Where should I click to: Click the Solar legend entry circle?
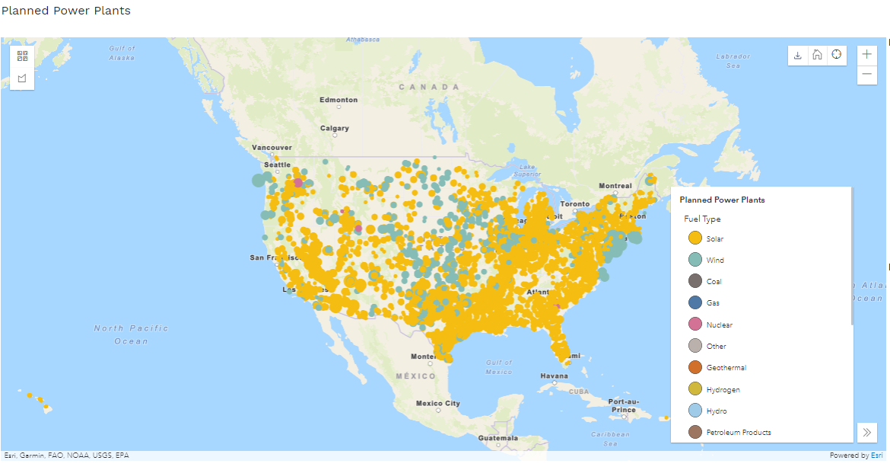coord(695,238)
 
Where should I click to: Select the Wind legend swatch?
coord(695,260)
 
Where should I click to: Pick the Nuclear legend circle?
coord(695,325)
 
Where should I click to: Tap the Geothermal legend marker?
coord(695,367)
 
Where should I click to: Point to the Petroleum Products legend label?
coord(738,433)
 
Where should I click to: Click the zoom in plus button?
coord(866,55)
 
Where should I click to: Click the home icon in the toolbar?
coord(816,55)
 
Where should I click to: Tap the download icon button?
coord(797,55)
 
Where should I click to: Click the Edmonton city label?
coord(339,100)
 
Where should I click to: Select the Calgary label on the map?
coord(335,128)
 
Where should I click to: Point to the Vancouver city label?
coord(272,147)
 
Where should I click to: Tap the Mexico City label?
coord(437,403)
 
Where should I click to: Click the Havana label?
coord(554,376)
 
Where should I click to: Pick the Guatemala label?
coord(498,438)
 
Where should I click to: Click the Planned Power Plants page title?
coord(66,11)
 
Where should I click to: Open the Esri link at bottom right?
coord(877,456)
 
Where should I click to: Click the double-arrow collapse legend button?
coord(866,432)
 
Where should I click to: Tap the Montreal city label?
coord(615,186)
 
